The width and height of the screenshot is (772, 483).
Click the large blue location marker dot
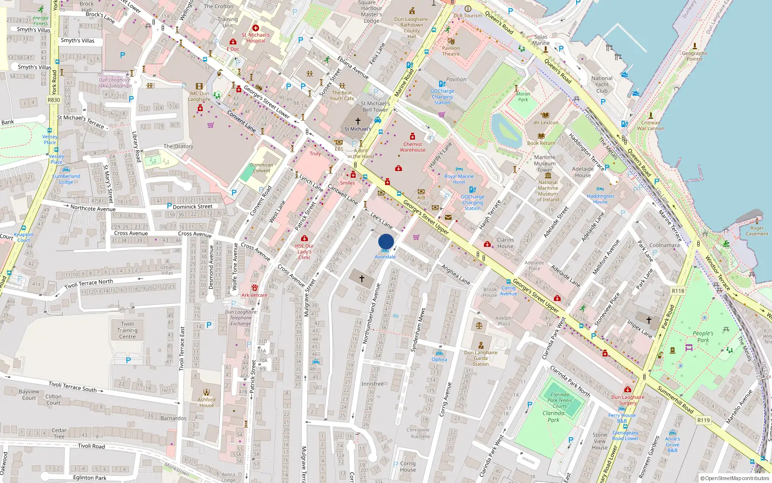(386, 241)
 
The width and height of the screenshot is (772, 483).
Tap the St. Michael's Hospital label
(256, 38)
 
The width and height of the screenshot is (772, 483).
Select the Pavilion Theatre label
(451, 51)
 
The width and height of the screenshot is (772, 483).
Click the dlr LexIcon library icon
(545, 115)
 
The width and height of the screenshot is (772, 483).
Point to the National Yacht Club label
(602, 85)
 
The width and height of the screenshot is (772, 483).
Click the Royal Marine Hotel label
(459, 179)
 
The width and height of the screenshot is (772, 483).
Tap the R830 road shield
(54, 100)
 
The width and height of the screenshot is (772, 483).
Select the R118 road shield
(678, 291)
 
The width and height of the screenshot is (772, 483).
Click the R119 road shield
(703, 420)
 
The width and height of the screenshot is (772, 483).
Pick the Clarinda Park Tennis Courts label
(560, 400)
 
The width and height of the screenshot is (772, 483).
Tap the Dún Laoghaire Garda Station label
(481, 358)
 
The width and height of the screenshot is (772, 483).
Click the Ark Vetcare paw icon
(254, 287)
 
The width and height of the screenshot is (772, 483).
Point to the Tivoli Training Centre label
(127, 330)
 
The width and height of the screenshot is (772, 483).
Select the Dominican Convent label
(262, 168)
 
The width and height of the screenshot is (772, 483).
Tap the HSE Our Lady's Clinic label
(304, 252)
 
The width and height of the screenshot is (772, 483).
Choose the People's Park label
(703, 337)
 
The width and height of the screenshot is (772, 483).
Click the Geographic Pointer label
(695, 56)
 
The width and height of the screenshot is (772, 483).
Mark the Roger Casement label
(757, 231)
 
